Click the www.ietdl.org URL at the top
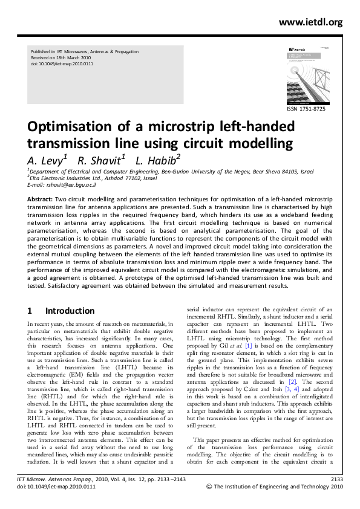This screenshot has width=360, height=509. [x=311, y=22]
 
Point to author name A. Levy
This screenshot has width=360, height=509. [x=46, y=161]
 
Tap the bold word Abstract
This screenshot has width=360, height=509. [x=40, y=198]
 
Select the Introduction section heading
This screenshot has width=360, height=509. [x=70, y=311]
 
